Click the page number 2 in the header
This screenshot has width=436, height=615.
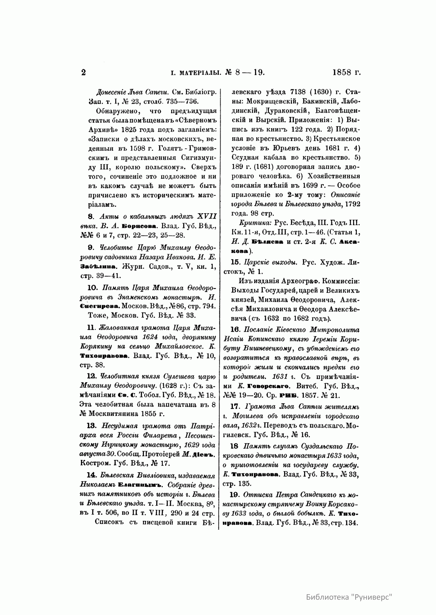[83, 72]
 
